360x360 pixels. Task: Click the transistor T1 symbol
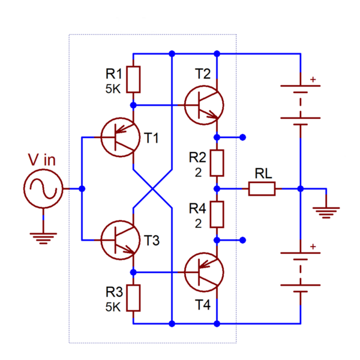(x=118, y=137)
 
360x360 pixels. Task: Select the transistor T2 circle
(x=204, y=104)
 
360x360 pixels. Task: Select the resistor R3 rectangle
(x=133, y=298)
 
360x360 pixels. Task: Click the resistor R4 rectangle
(x=217, y=214)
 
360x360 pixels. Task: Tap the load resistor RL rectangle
(x=262, y=189)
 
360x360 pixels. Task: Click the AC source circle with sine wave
(x=43, y=189)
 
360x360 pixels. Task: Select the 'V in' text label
(x=42, y=160)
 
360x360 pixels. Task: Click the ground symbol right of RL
(x=327, y=211)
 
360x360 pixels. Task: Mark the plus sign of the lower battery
(x=312, y=247)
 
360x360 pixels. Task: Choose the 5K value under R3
(x=114, y=306)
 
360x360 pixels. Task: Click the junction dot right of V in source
(x=82, y=189)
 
